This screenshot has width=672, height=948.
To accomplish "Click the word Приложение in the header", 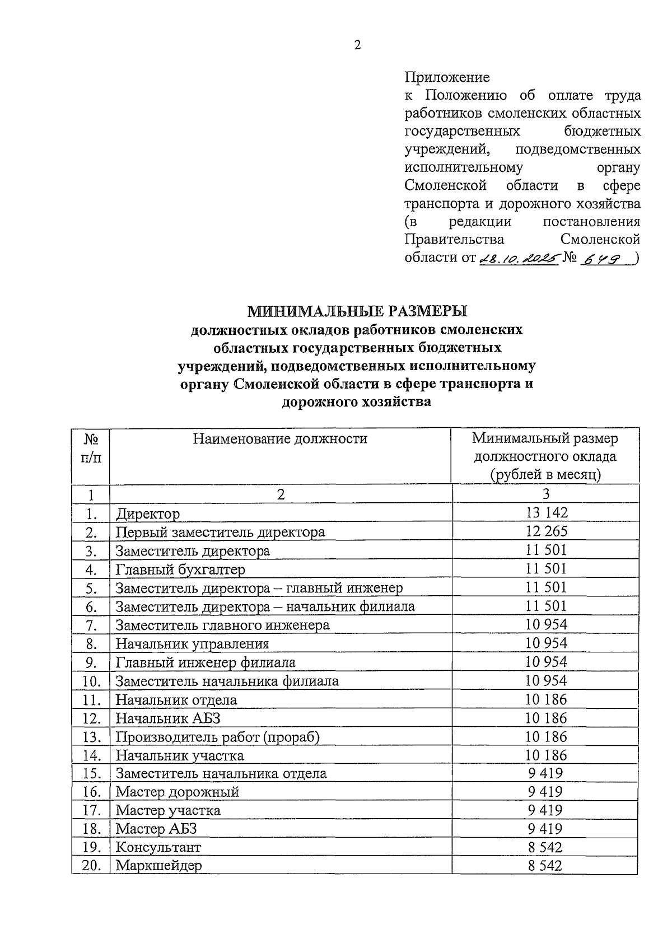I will [x=447, y=77].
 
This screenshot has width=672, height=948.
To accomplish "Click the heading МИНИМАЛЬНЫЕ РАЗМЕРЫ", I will [x=357, y=311].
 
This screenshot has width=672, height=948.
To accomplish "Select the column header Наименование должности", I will [x=280, y=438].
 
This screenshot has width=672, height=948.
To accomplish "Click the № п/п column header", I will [x=91, y=447].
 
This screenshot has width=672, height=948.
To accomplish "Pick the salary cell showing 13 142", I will [x=546, y=512].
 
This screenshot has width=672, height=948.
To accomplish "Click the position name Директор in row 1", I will [x=148, y=513].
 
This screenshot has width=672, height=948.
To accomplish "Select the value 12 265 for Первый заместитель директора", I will [x=546, y=531].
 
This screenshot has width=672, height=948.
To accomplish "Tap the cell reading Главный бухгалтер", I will [x=180, y=569].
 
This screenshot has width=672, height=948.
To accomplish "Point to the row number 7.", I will [x=92, y=625].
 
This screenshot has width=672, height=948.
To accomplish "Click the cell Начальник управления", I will [x=192, y=644].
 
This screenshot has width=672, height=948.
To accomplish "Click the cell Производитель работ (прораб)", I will [x=217, y=737].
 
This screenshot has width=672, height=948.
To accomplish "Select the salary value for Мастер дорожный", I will [x=545, y=792].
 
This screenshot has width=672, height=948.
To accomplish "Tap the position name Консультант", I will [x=158, y=847].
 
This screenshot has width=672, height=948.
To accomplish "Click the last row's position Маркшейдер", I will [x=158, y=866].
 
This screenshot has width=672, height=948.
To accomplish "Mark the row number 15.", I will [x=91, y=774].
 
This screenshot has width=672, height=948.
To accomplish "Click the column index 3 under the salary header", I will [x=545, y=494].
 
